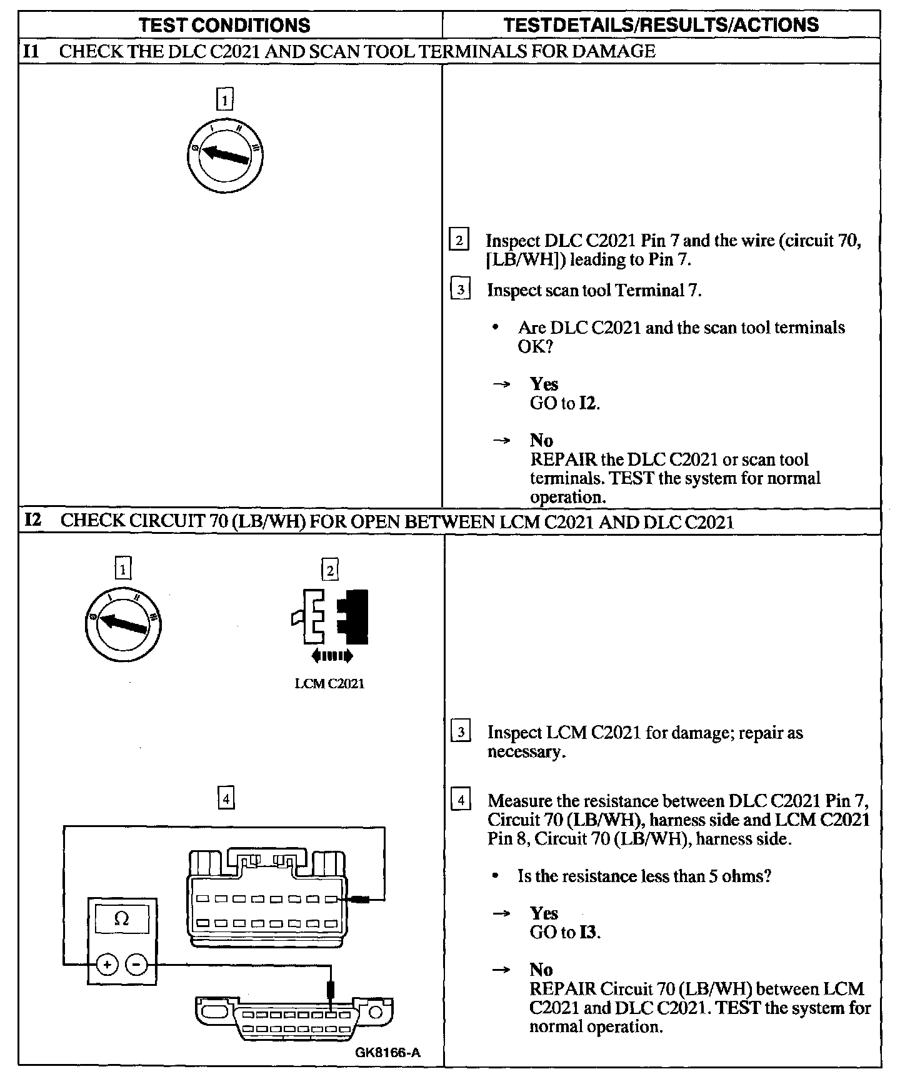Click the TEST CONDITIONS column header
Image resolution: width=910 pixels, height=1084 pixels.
pyautogui.click(x=224, y=25)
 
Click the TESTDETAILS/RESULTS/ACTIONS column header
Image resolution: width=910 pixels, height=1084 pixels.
pyautogui.click(x=661, y=25)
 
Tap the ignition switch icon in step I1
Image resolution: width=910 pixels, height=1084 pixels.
pyautogui.click(x=225, y=154)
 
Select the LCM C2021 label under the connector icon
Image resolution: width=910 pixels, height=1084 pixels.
pyautogui.click(x=329, y=684)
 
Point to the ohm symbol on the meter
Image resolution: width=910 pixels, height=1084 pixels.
pyautogui.click(x=122, y=919)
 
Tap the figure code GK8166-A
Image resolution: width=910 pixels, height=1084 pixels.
pyautogui.click(x=387, y=1053)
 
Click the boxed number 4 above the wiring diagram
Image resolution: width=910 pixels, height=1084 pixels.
pyautogui.click(x=226, y=798)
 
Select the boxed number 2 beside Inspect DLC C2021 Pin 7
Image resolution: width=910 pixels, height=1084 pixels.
pyautogui.click(x=459, y=241)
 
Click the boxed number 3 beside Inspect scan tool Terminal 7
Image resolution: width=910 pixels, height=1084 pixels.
pyautogui.click(x=461, y=290)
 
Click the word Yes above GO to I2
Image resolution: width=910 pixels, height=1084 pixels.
pyautogui.click(x=544, y=384)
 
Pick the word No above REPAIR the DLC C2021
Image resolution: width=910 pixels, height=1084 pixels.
pyautogui.click(x=541, y=441)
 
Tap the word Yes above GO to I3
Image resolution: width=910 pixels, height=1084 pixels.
pyautogui.click(x=544, y=913)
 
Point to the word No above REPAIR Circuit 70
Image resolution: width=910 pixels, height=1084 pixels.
pyautogui.click(x=541, y=970)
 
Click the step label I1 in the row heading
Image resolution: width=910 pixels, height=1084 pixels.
pyautogui.click(x=31, y=51)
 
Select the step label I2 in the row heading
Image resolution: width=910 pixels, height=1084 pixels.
pyautogui.click(x=32, y=521)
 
